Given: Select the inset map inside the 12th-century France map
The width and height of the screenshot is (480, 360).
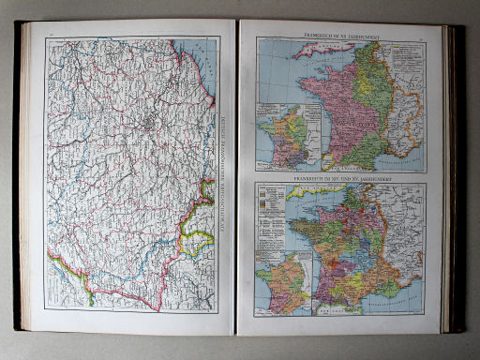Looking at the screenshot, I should click(x=288, y=139).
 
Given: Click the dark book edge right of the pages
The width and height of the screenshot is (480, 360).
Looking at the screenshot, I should click(x=457, y=178).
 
